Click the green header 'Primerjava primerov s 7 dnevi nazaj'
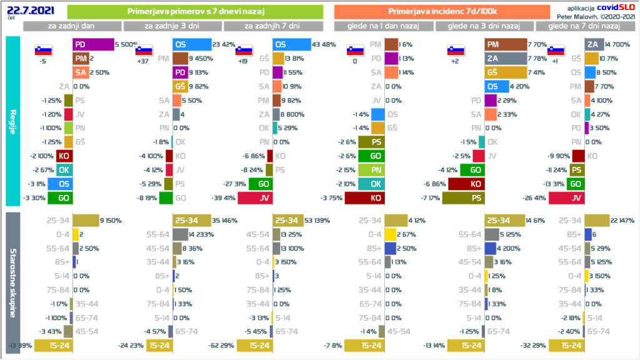194,11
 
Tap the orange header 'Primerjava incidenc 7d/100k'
441,11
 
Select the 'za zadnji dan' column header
72,26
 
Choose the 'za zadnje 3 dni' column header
172,26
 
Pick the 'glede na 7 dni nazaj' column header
584,26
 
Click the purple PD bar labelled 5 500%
93,44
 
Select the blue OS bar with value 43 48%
292,44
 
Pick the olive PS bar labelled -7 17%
464,198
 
